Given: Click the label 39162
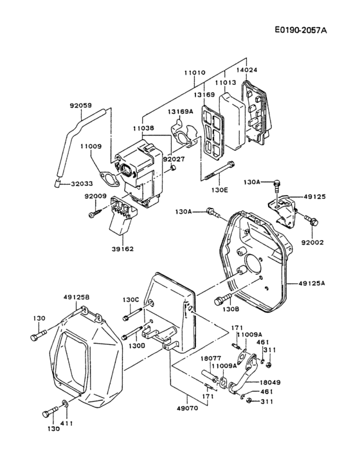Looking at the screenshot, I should (x=122, y=248).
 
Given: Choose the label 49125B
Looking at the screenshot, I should (x=76, y=298).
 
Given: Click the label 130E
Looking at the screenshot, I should (x=221, y=190).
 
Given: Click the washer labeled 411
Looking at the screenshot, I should (x=66, y=405).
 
